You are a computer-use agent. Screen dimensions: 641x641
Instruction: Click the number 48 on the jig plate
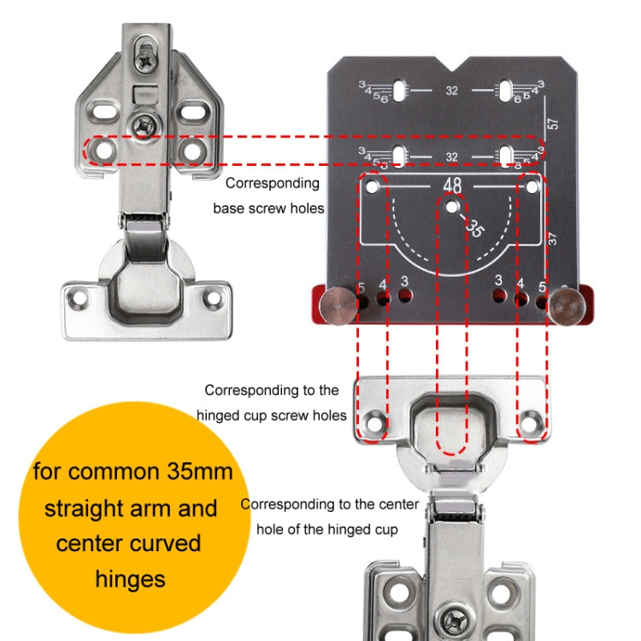coord(452,185)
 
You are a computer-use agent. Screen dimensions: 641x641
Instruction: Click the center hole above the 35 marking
coord(452,205)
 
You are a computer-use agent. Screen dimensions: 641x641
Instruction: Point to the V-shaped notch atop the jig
coord(452,65)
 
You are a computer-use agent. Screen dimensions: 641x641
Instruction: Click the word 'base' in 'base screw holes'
coord(230,208)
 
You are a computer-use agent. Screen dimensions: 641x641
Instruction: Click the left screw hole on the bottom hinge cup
coord(374,420)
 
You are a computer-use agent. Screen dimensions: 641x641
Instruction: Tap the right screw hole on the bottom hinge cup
coord(531,420)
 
